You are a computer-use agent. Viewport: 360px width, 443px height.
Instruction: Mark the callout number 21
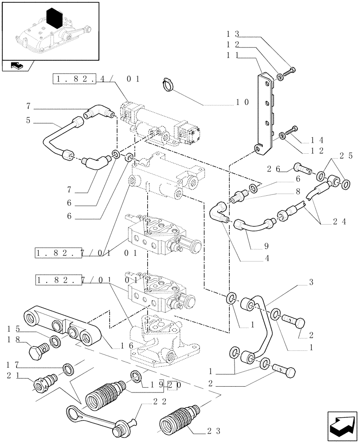11,376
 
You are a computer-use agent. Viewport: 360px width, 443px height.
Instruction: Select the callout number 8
298,193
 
